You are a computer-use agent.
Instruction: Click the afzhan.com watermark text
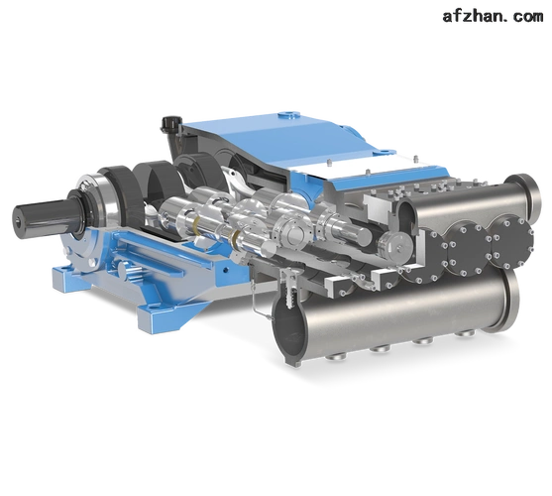(x=493, y=16)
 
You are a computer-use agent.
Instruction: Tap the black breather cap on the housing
(x=170, y=124)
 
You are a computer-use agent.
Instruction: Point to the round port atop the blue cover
(x=288, y=115)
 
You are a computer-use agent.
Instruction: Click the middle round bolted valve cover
(x=467, y=247)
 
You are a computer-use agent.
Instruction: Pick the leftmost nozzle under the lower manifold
(x=337, y=357)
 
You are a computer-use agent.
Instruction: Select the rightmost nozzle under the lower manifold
(x=466, y=334)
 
